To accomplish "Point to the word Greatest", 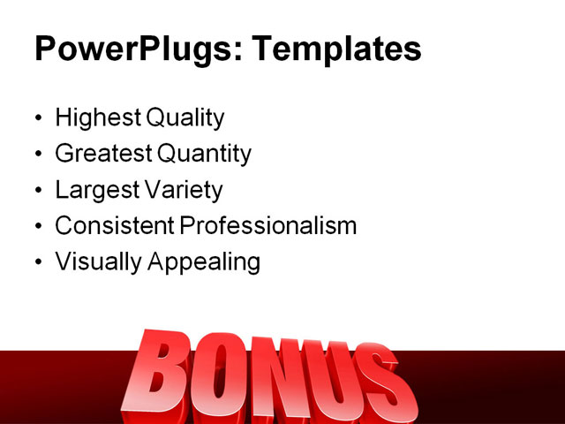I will click(102, 154).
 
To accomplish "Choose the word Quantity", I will click(204, 155).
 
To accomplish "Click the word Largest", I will click(94, 190).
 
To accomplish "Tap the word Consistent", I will click(114, 225).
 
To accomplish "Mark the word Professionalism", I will click(268, 225).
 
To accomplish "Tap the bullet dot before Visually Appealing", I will click(37, 263).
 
